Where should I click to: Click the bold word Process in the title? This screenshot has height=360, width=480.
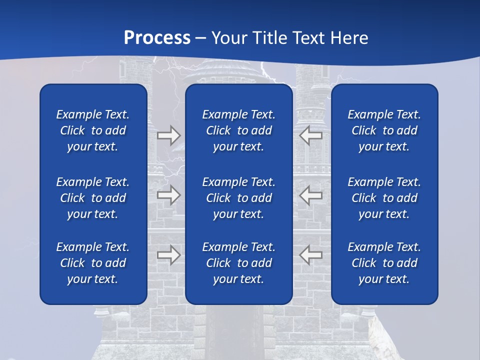pyautogui.click(x=157, y=38)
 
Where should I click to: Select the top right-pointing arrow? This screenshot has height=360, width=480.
pyautogui.click(x=168, y=135)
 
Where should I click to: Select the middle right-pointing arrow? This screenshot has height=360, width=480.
pyautogui.click(x=168, y=194)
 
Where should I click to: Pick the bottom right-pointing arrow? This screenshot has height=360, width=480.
pyautogui.click(x=168, y=255)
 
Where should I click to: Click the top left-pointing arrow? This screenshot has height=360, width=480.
pyautogui.click(x=310, y=135)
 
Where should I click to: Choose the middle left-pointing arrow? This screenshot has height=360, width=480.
pyautogui.click(x=310, y=194)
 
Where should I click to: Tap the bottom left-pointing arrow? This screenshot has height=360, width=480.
pyautogui.click(x=310, y=255)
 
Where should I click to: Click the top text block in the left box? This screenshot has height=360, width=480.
pyautogui.click(x=93, y=130)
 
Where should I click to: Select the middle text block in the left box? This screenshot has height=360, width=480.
pyautogui.click(x=93, y=198)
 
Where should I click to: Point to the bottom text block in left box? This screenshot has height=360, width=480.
pyautogui.click(x=93, y=263)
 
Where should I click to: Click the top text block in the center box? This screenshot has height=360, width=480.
pyautogui.click(x=238, y=130)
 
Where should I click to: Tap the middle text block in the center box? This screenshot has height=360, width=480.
pyautogui.click(x=238, y=198)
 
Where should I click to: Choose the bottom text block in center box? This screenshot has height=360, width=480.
pyautogui.click(x=238, y=263)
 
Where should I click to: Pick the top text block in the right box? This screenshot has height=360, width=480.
pyautogui.click(x=384, y=130)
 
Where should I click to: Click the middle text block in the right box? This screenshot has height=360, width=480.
pyautogui.click(x=384, y=198)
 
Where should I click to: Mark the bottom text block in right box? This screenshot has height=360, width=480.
pyautogui.click(x=384, y=263)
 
